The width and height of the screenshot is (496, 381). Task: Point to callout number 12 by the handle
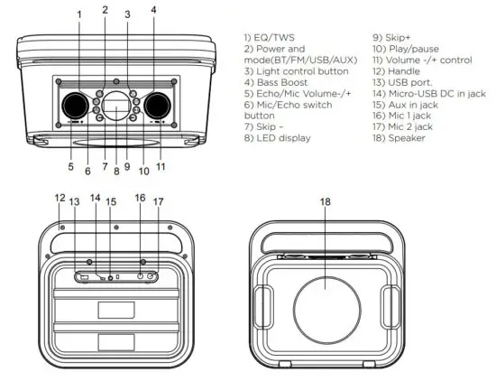tap(60, 197)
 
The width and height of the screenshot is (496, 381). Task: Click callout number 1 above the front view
tap(78, 14)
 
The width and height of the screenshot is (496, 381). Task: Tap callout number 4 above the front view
tap(153, 10)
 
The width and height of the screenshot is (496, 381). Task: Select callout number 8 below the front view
tap(115, 169)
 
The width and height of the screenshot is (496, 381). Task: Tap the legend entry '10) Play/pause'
tap(405, 49)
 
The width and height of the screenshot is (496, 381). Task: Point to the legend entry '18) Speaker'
tap(400, 138)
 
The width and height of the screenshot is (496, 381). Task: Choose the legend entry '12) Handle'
tap(399, 71)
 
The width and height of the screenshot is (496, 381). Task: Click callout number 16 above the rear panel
tap(140, 197)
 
